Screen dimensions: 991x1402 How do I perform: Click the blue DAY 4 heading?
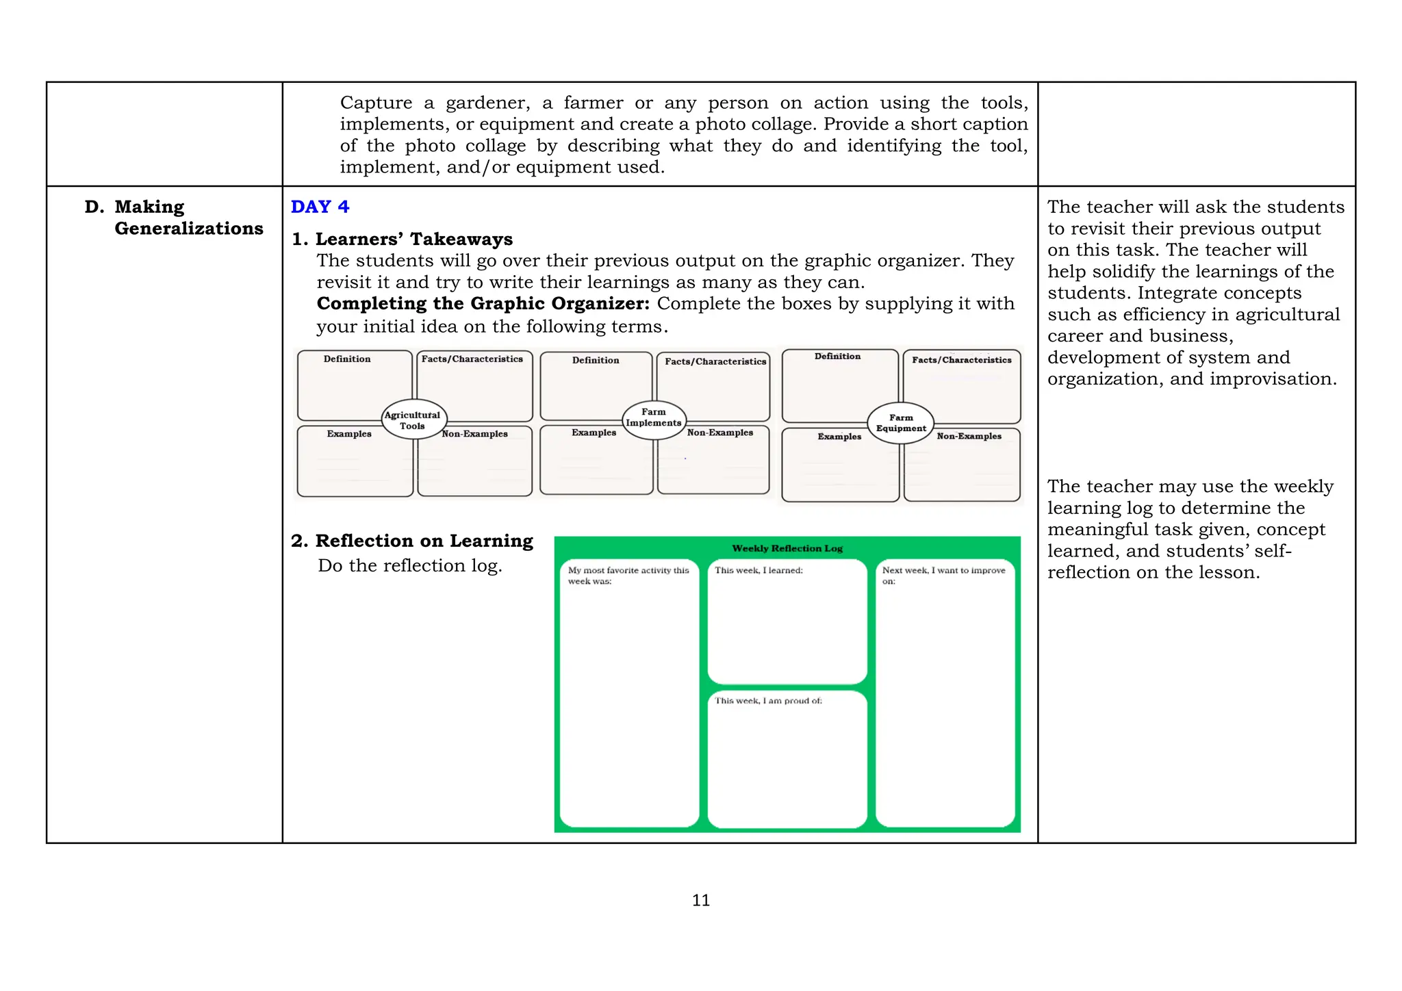pyautogui.click(x=320, y=207)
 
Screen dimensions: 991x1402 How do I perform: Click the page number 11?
pyautogui.click(x=701, y=900)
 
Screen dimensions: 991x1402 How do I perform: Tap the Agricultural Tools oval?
pyautogui.click(x=413, y=420)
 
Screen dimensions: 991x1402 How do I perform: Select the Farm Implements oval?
pyautogui.click(x=654, y=417)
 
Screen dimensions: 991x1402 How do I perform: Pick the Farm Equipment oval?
pyautogui.click(x=901, y=423)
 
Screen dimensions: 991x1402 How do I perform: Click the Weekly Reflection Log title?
pyautogui.click(x=787, y=548)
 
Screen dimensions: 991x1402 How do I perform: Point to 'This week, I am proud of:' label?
pyautogui.click(x=768, y=701)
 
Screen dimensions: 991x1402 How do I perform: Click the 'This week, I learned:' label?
pyautogui.click(x=759, y=570)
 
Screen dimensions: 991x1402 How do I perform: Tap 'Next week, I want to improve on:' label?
pyautogui.click(x=943, y=575)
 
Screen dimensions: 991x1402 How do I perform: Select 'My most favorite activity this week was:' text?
pyautogui.click(x=628, y=575)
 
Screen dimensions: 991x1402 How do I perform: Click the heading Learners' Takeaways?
pyautogui.click(x=413, y=239)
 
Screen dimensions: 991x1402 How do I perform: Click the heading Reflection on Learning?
pyautogui.click(x=423, y=541)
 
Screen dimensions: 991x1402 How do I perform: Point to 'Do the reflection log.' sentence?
pyautogui.click(x=409, y=565)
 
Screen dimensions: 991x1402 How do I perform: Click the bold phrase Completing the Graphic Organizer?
pyautogui.click(x=483, y=303)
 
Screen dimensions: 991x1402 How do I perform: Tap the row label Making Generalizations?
pyautogui.click(x=188, y=218)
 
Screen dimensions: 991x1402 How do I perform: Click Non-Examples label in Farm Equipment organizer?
pyautogui.click(x=969, y=436)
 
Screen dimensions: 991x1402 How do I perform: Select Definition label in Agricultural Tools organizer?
pyautogui.click(x=347, y=359)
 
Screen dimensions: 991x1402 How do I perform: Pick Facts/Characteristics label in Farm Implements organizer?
pyautogui.click(x=715, y=361)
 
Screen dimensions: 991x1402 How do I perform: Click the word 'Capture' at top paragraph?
pyautogui.click(x=376, y=103)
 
